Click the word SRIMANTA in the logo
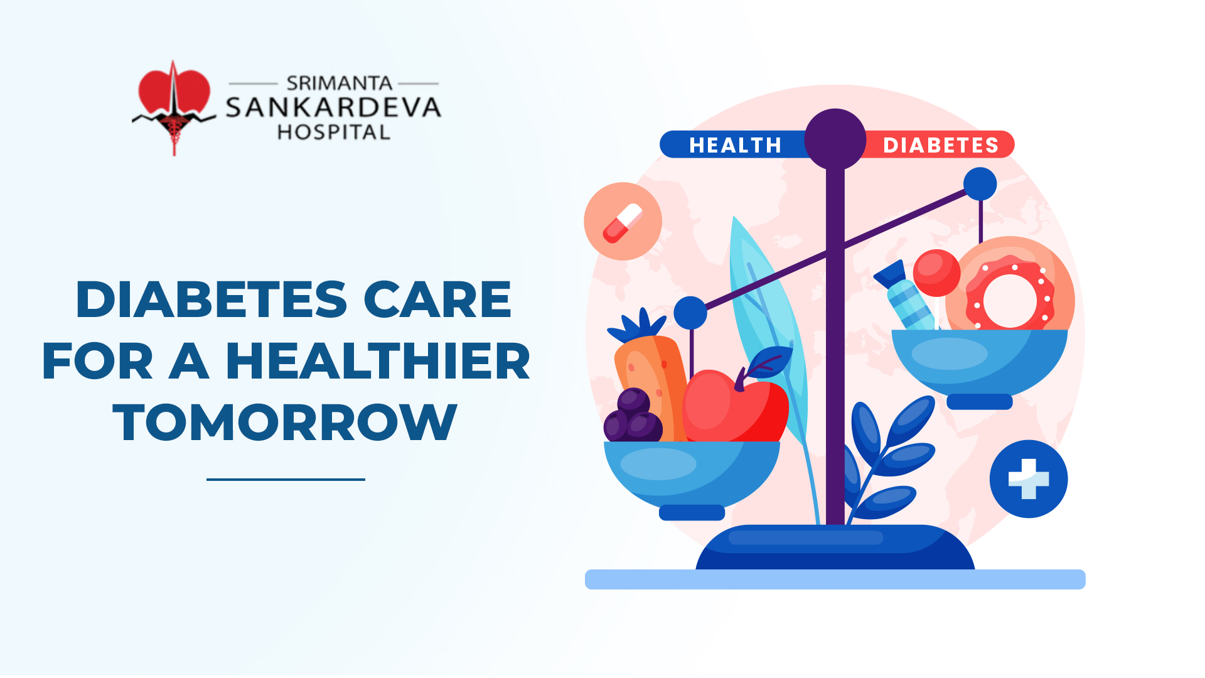[x=339, y=83]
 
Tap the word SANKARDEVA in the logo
[x=333, y=108]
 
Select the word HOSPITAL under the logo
[x=334, y=132]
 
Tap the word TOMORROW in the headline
[x=285, y=422]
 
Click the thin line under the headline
[x=286, y=480]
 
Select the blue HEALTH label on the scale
[x=734, y=144]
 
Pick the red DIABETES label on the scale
[x=940, y=144]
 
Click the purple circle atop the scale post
[x=835, y=139]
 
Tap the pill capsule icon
[x=623, y=222]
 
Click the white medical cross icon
[x=1029, y=479]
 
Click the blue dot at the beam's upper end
[x=980, y=184]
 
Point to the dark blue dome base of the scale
[x=835, y=547]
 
